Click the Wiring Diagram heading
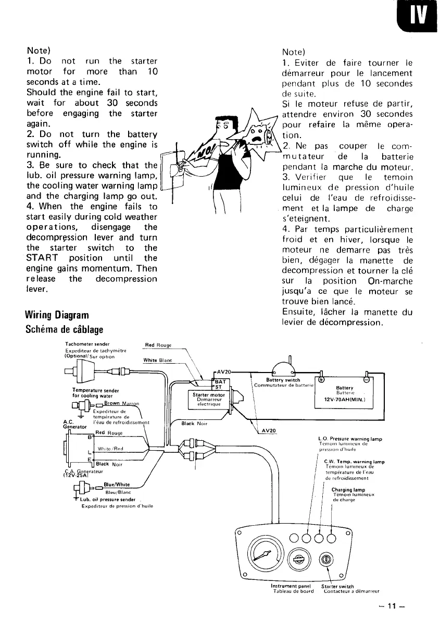click(57, 315)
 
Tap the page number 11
click(392, 606)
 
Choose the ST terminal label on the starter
click(219, 387)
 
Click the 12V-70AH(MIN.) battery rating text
click(345, 400)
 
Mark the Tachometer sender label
click(87, 344)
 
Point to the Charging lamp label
click(347, 490)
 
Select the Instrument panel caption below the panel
click(291, 586)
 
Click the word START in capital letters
click(43, 258)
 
